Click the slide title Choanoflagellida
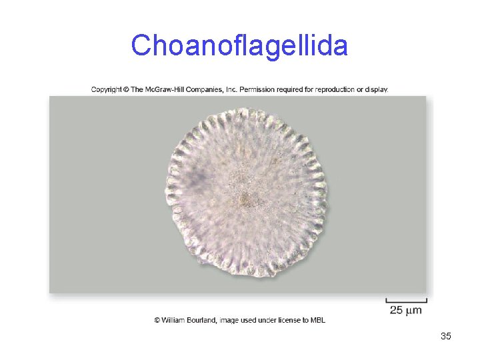pos(239,46)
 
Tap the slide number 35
pos(446,336)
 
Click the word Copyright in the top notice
pos(107,89)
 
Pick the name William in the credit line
pos(175,321)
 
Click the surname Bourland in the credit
pos(205,321)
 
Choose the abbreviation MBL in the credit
pos(317,321)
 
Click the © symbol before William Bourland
pos(158,321)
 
